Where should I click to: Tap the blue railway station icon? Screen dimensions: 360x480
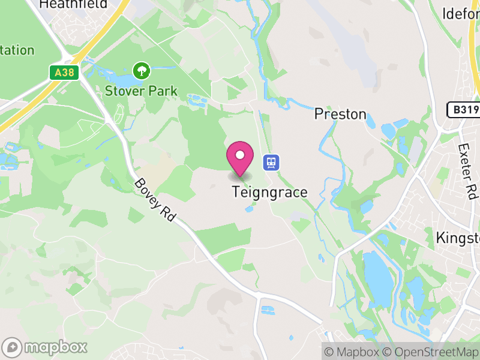click(271, 162)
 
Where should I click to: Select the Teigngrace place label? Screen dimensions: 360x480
click(270, 193)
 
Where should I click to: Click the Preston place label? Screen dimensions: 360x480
click(340, 114)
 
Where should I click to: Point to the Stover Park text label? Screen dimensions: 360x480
click(142, 91)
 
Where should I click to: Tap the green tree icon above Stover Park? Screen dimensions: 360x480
click(142, 71)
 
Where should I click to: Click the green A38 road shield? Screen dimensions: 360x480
click(62, 72)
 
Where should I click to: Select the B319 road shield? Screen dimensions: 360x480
click(464, 110)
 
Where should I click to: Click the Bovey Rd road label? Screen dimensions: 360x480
click(154, 200)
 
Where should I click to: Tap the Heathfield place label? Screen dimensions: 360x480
click(73, 5)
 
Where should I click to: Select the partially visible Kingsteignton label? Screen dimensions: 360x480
click(457, 238)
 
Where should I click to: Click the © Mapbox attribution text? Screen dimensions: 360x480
click(354, 352)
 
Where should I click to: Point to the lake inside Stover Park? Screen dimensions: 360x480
click(123, 80)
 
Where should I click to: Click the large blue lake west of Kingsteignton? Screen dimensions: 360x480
click(378, 270)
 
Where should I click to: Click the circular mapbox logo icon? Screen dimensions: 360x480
click(12, 347)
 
